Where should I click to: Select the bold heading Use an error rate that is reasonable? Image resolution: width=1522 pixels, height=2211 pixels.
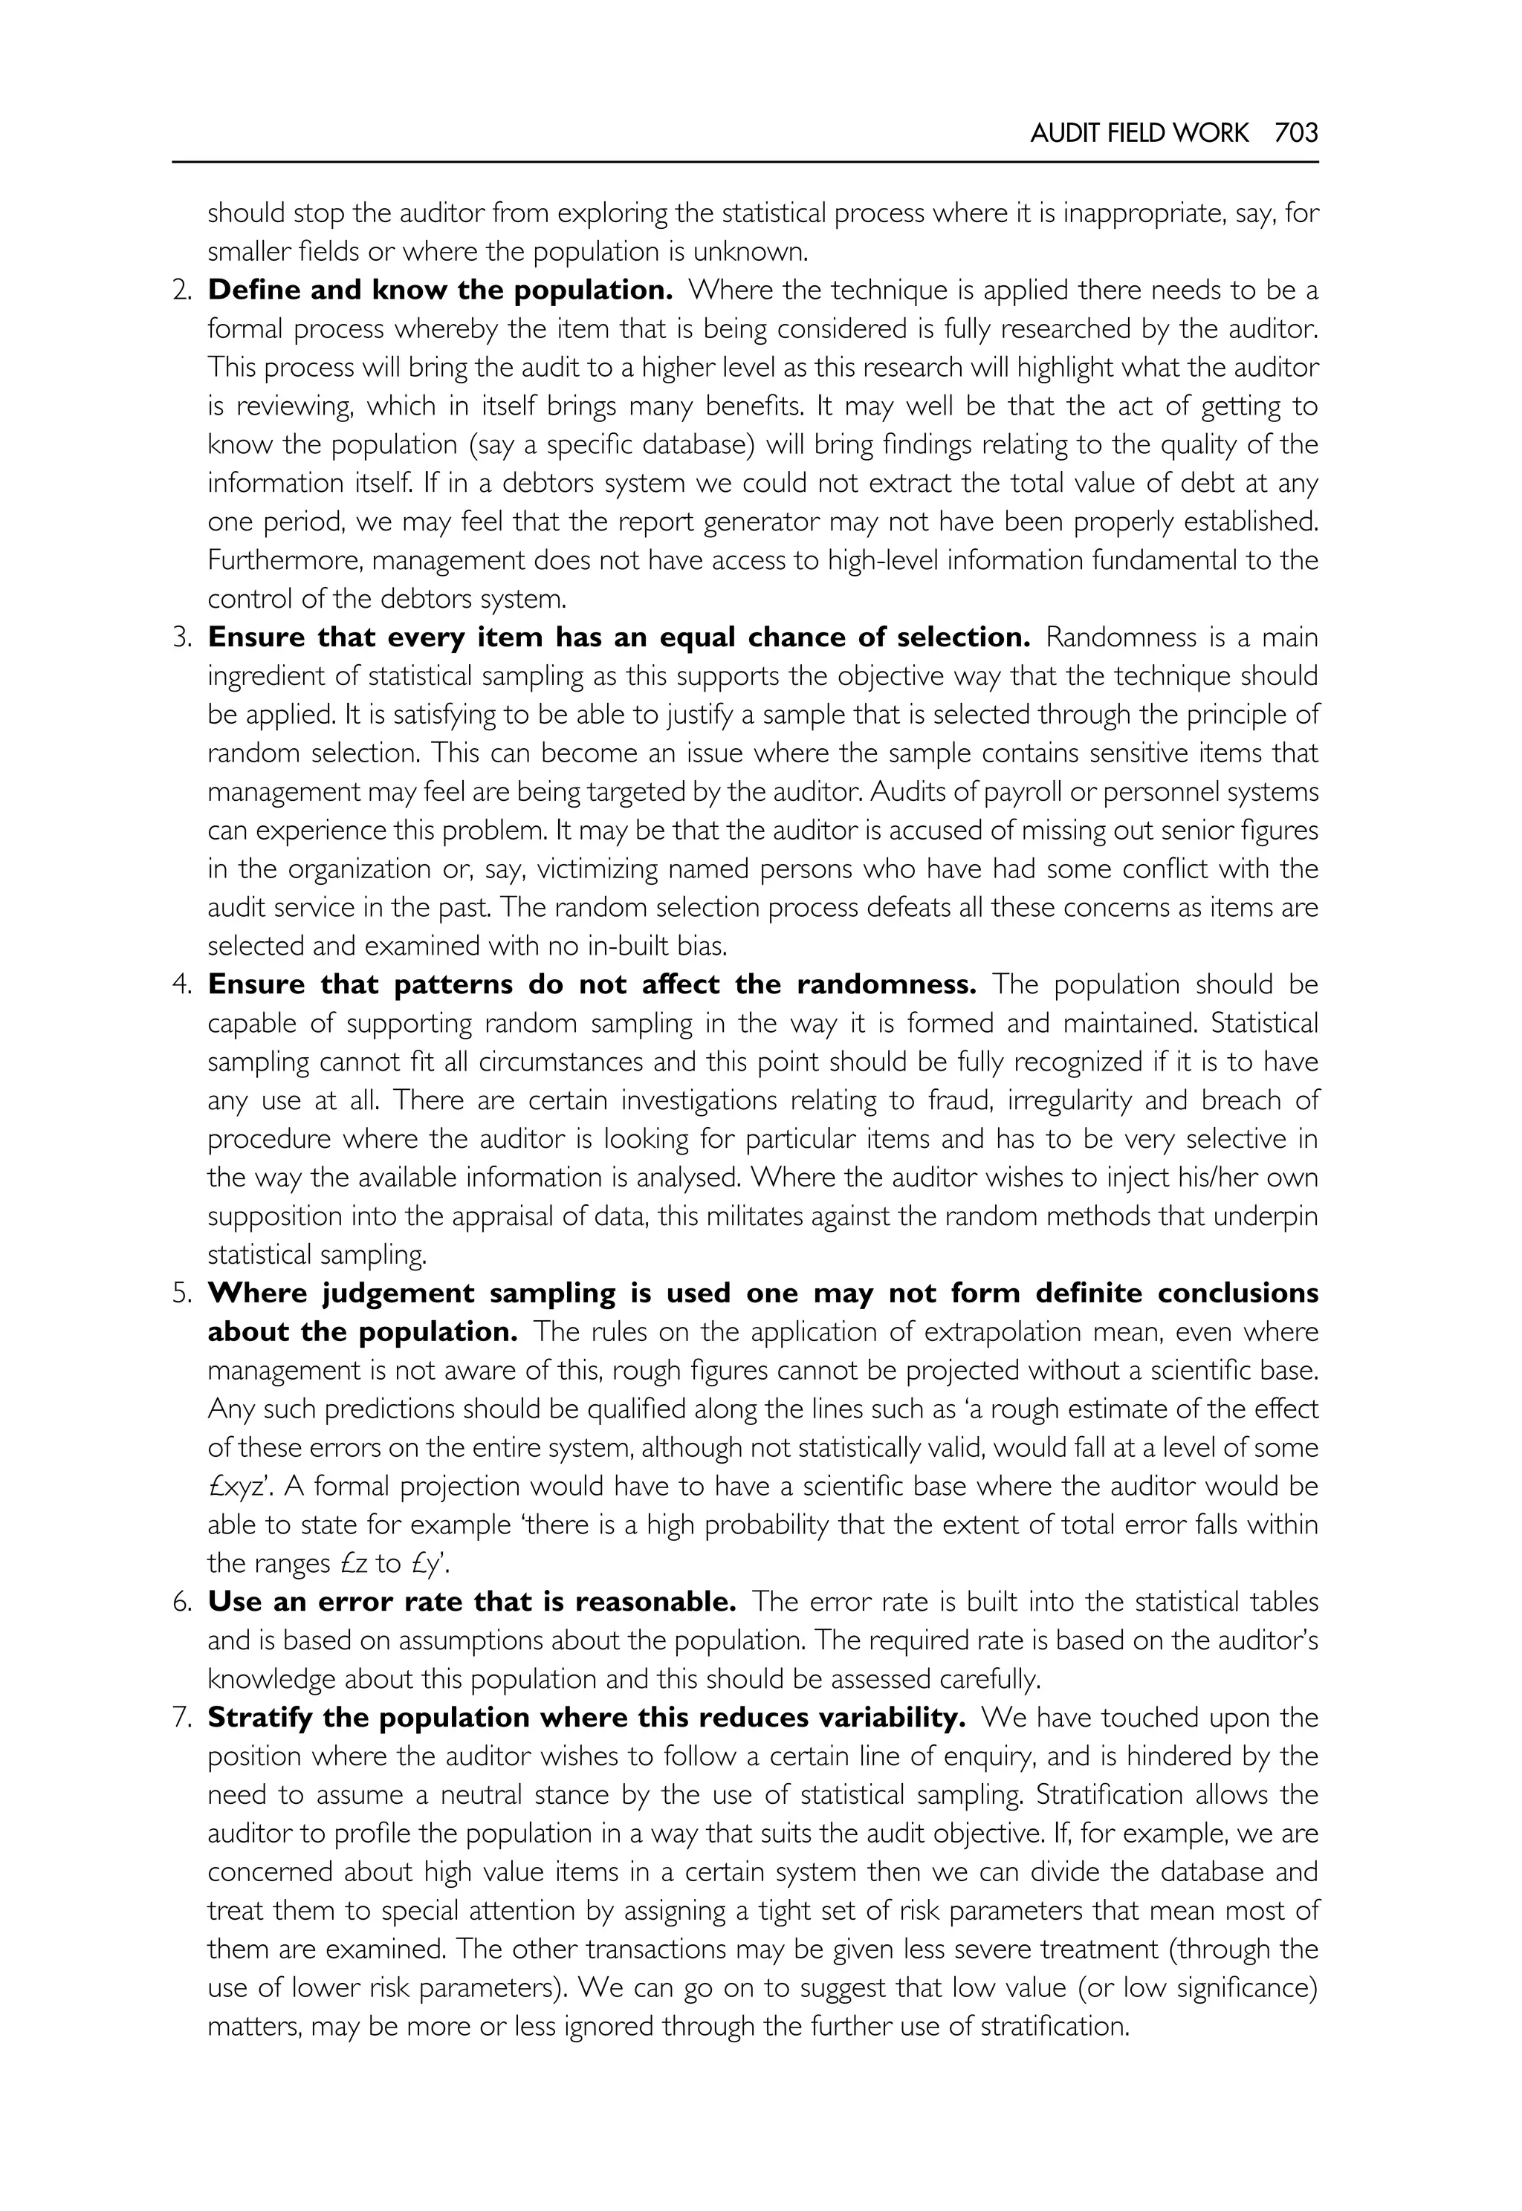pos(472,1602)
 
